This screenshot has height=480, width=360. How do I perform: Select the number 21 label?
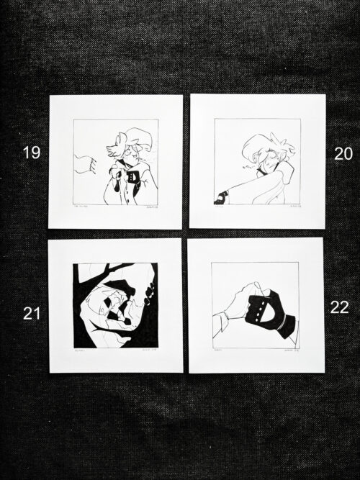coord(30,312)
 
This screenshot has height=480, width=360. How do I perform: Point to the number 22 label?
coord(339,307)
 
